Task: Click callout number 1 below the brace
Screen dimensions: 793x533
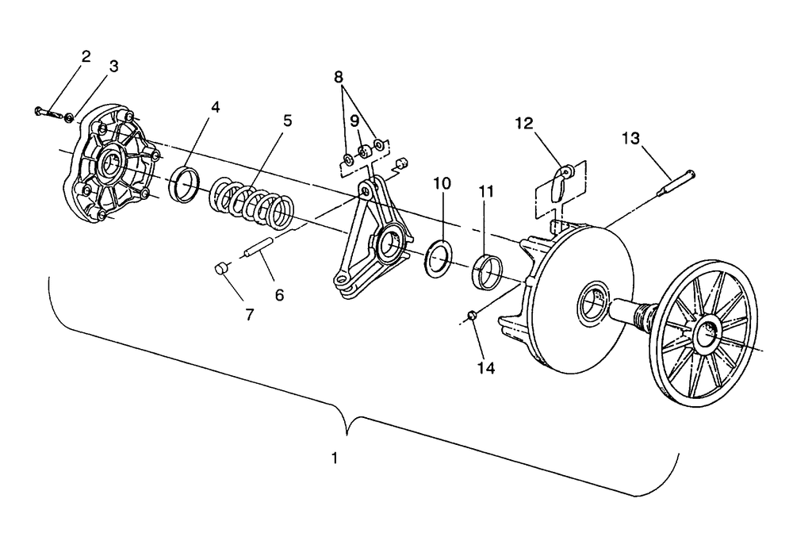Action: pyautogui.click(x=335, y=458)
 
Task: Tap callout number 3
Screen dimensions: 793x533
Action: pyautogui.click(x=113, y=67)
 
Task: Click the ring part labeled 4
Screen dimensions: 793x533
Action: pyautogui.click(x=185, y=184)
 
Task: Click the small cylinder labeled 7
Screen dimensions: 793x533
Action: pyautogui.click(x=220, y=269)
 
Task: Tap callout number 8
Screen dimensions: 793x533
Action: pyautogui.click(x=339, y=78)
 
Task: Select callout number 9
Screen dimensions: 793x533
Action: pyautogui.click(x=354, y=121)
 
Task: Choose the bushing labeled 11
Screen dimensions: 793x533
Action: pyautogui.click(x=488, y=272)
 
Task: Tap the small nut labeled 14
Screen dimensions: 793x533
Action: pyautogui.click(x=471, y=315)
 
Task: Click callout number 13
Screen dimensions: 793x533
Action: pyautogui.click(x=630, y=138)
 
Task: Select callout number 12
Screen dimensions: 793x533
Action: pyautogui.click(x=524, y=123)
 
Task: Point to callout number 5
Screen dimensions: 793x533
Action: pyautogui.click(x=287, y=121)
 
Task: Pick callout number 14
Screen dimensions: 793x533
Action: pyautogui.click(x=486, y=368)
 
